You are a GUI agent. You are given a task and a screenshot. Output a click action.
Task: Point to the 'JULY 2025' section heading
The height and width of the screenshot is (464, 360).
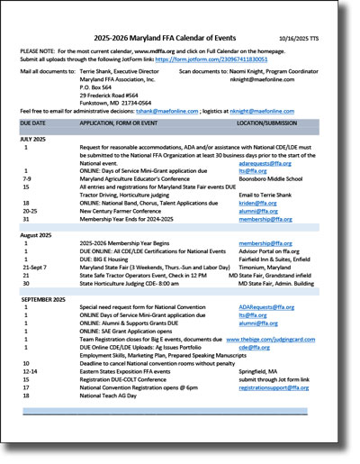point(36,139)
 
